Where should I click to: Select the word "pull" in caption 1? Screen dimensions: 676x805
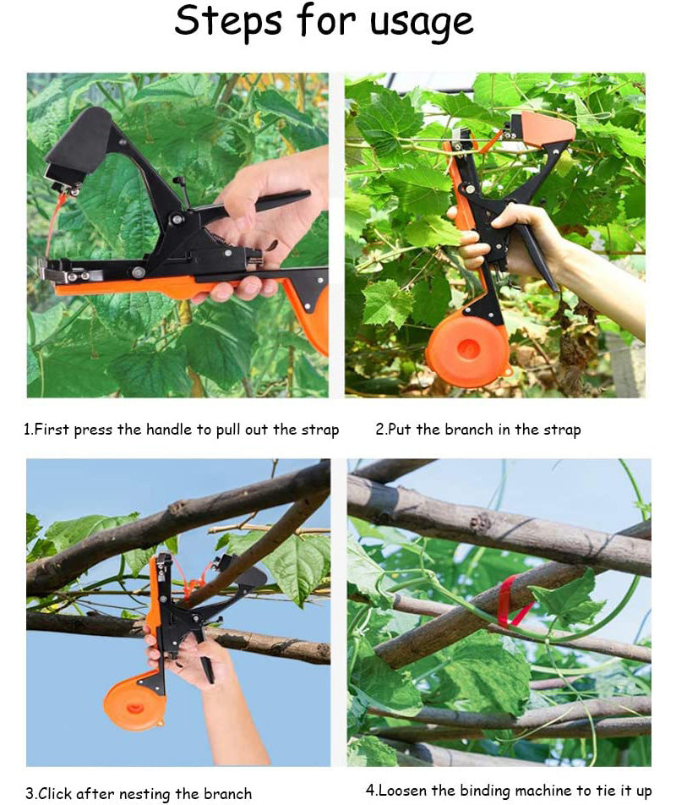(x=229, y=430)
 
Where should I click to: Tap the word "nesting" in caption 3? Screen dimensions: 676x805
(x=147, y=794)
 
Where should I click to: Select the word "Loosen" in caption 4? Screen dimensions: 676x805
(x=402, y=790)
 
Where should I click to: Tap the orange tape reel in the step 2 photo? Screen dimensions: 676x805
(x=466, y=349)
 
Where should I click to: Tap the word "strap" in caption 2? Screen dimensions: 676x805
(x=560, y=430)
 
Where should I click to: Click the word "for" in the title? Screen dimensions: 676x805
(x=325, y=20)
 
